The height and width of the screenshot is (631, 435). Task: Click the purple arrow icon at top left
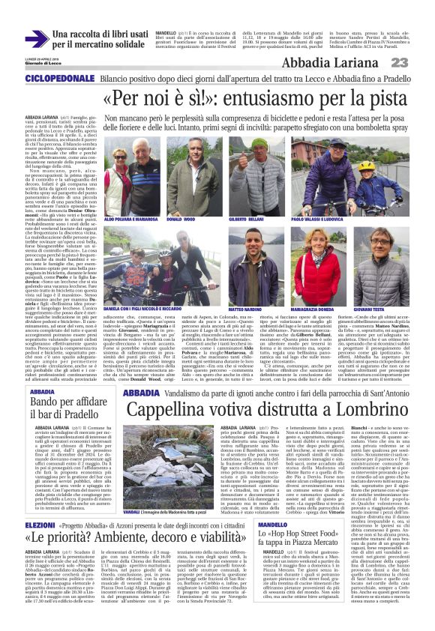[37, 39]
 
